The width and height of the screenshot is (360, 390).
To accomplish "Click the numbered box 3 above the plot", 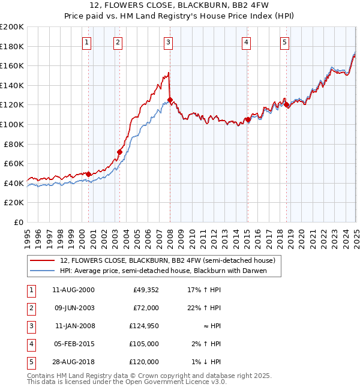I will point(169,42).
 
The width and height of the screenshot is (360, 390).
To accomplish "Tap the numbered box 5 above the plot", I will point(284,42).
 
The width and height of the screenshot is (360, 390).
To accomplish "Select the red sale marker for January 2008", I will point(170,100).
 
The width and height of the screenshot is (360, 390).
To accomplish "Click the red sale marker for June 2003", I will point(119,152).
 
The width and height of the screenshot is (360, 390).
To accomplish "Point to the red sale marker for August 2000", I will point(89,174).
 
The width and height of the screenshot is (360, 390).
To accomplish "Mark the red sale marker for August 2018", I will point(287,104).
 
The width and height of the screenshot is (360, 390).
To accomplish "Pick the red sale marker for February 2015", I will point(247,119).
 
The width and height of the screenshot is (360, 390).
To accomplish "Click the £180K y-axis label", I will point(13,46).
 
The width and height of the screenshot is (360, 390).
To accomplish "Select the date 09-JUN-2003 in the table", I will point(73,308).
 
